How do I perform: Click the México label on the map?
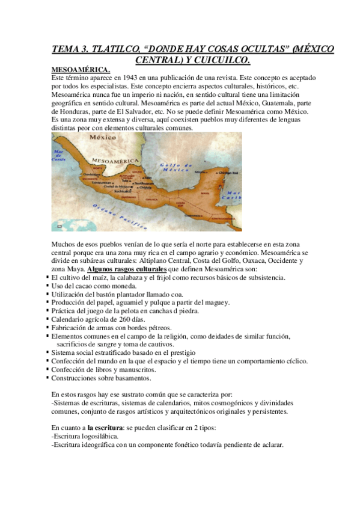(x=103, y=138)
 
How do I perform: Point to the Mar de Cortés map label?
(x=59, y=155)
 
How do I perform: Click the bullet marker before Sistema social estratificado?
(x=47, y=352)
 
